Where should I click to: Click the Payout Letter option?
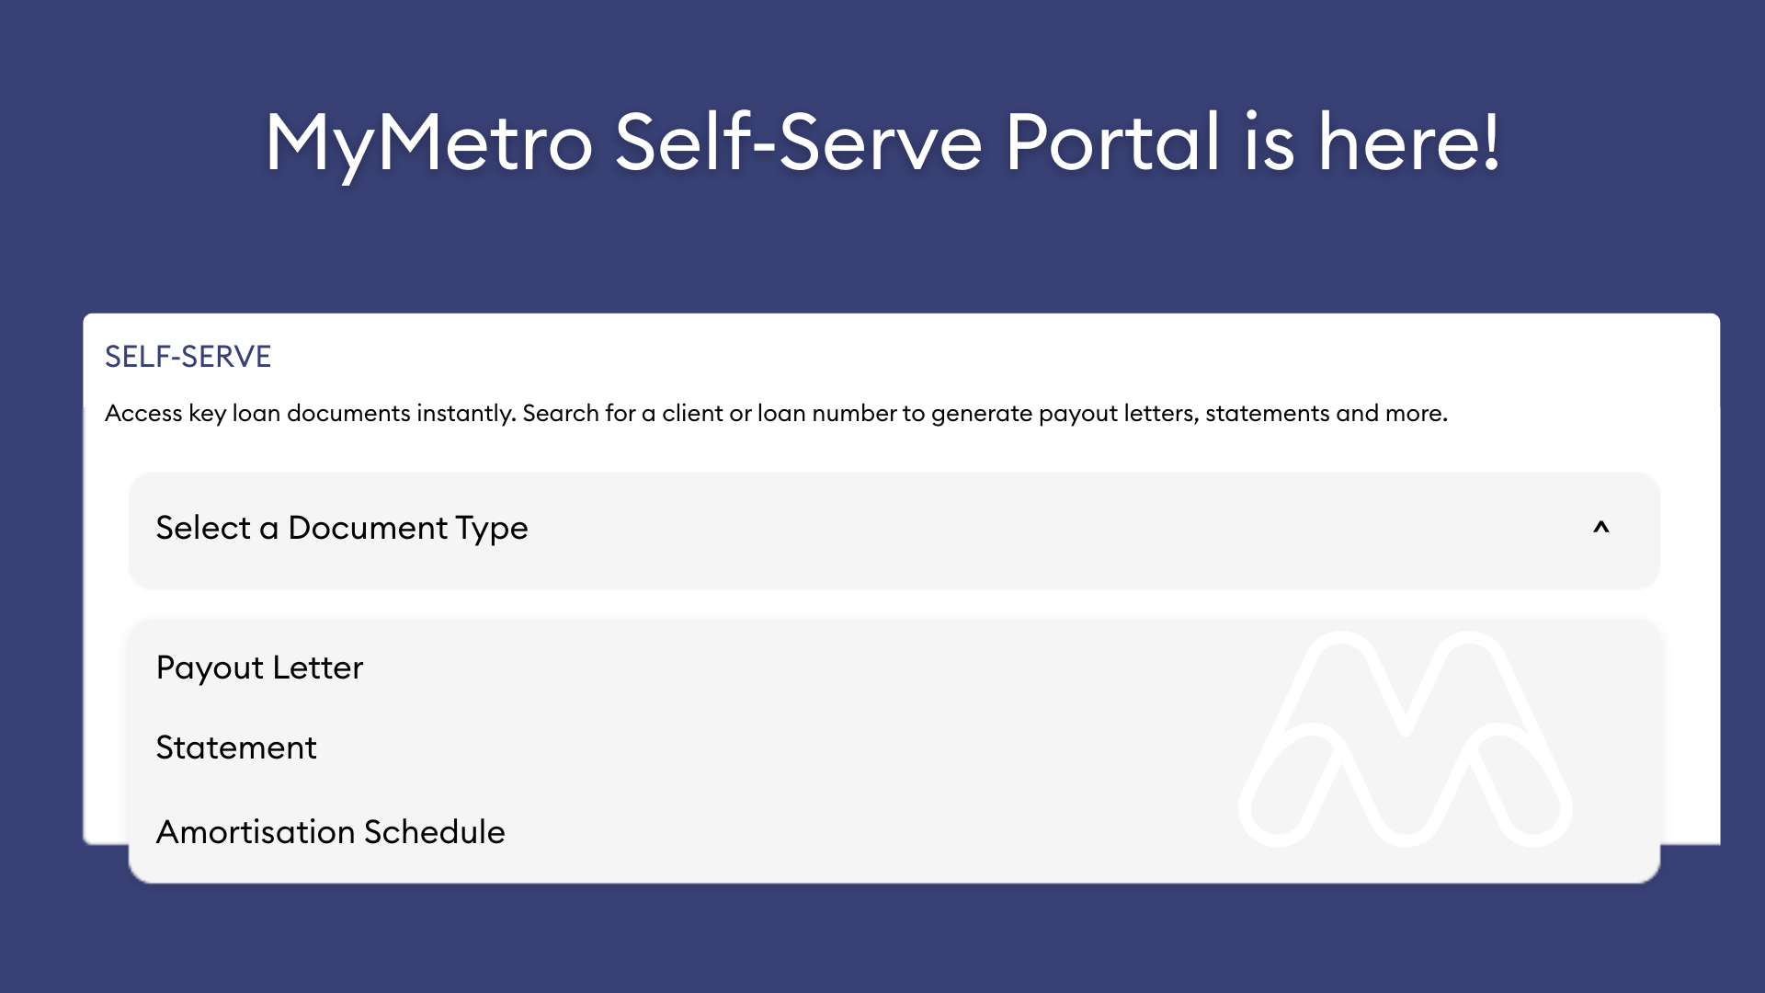click(259, 668)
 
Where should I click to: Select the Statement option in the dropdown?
click(236, 748)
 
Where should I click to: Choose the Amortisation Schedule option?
click(330, 832)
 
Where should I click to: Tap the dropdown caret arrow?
click(1601, 528)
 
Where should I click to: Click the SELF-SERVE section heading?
click(188, 357)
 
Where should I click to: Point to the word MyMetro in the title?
click(429, 144)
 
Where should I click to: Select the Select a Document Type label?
click(342, 529)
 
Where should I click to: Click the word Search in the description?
click(561, 413)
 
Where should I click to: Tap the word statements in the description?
click(1267, 414)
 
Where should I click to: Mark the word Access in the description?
click(143, 413)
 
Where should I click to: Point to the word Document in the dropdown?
click(368, 528)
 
